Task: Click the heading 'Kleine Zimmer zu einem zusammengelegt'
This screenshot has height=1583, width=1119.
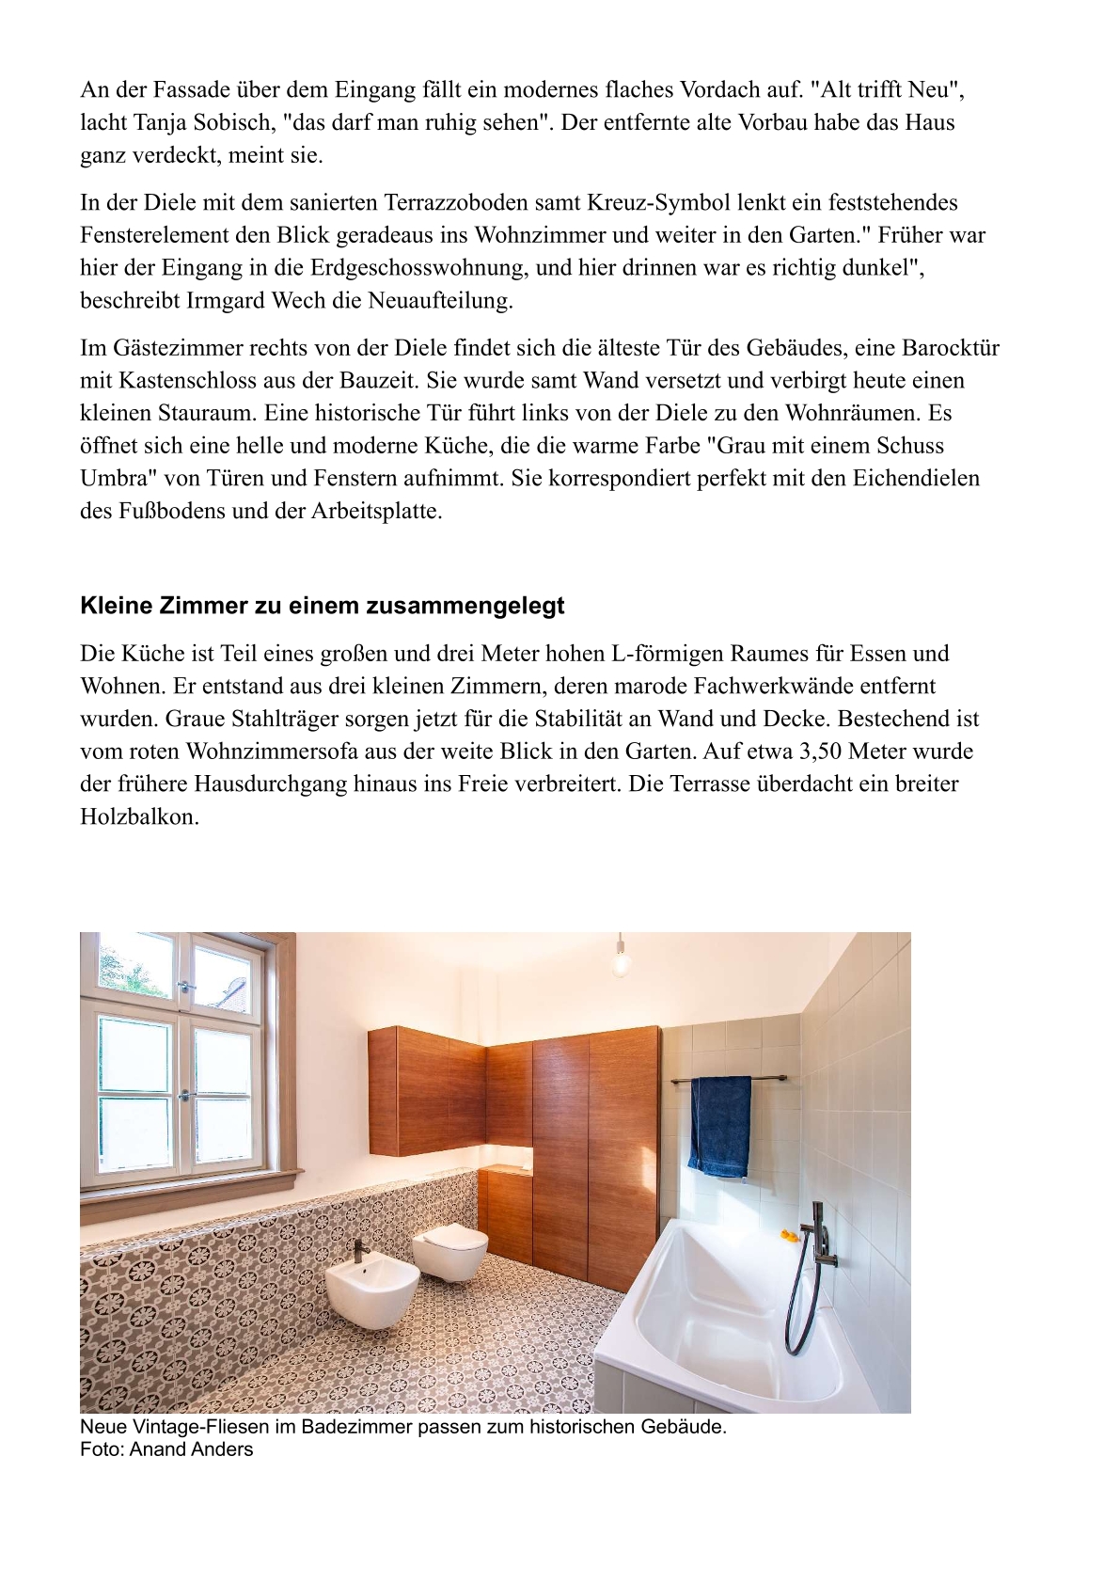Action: (322, 606)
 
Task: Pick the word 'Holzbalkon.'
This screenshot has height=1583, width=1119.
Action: (139, 816)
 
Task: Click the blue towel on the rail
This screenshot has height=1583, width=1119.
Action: (720, 1125)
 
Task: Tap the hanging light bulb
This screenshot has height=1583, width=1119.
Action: (620, 962)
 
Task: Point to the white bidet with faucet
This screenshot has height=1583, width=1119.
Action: (372, 1291)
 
